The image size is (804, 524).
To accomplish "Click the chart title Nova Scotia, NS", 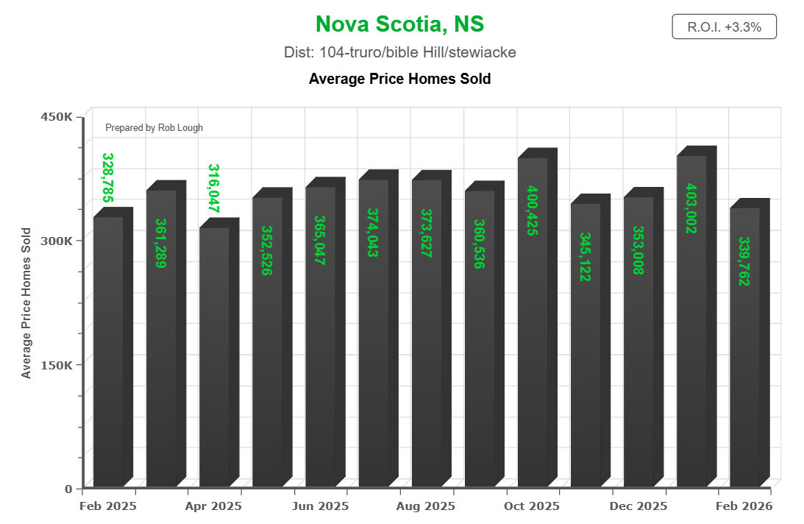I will click(399, 24).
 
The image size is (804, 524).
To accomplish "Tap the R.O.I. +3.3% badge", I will click(724, 27).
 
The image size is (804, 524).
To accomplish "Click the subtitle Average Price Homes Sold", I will click(399, 78).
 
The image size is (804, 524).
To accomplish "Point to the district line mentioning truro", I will click(399, 52).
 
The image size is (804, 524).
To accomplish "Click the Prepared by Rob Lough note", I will click(154, 128).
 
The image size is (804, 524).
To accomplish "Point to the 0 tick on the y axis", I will click(68, 489).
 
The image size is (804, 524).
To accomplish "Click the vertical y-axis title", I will click(26, 303).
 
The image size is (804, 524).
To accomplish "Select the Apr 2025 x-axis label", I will click(213, 506).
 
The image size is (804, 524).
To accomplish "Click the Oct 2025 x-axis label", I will click(532, 506).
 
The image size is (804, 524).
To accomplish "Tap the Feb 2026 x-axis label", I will click(744, 506).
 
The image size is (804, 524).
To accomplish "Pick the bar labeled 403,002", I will click(691, 331).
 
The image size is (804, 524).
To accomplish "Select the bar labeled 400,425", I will click(533, 331).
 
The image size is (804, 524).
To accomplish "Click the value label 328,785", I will click(107, 177).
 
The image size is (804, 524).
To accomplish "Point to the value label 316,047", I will click(213, 188).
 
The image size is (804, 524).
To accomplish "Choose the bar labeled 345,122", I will click(586, 353).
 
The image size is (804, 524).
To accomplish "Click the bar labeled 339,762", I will click(744, 353).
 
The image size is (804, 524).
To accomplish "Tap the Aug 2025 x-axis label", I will click(426, 506).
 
